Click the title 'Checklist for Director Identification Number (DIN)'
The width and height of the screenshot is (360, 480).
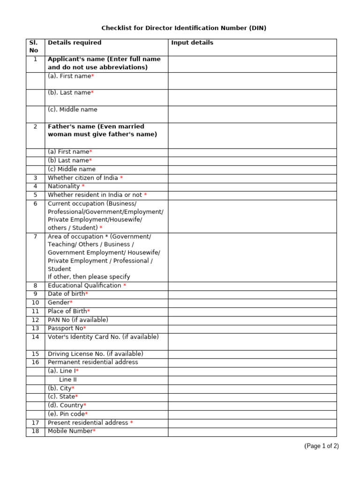(x=184, y=28)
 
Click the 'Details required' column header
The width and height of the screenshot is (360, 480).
(x=75, y=43)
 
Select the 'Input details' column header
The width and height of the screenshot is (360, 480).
(x=192, y=43)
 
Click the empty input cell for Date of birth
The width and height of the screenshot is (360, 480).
(x=252, y=294)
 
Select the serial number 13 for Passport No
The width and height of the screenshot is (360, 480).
(x=35, y=328)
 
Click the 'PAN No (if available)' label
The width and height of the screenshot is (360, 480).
(x=78, y=320)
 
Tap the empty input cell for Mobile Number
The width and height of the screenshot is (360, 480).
(x=252, y=432)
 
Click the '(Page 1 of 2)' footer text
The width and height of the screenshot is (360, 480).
(x=321, y=446)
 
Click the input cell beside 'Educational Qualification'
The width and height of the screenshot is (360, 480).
(x=252, y=286)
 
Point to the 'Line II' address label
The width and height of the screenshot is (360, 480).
(x=68, y=380)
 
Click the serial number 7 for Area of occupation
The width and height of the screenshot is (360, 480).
(x=35, y=236)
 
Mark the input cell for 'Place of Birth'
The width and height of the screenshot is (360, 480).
(x=252, y=311)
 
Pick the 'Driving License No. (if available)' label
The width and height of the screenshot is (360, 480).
(x=96, y=354)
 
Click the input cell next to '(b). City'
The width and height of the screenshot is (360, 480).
(x=252, y=389)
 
